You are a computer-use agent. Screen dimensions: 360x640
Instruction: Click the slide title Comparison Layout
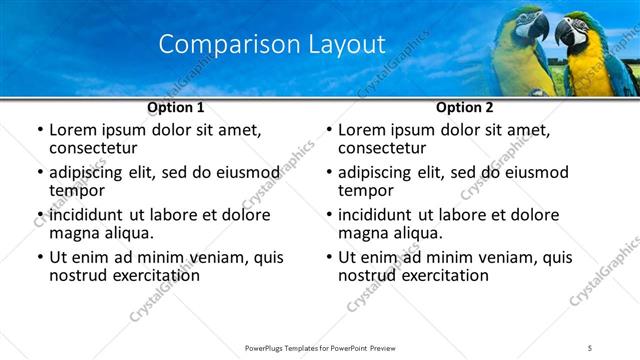(271, 44)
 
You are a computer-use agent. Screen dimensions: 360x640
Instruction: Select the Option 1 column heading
(175, 107)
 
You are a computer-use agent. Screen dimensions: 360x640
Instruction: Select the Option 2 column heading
(464, 107)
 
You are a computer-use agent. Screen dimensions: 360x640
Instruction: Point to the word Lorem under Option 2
(363, 130)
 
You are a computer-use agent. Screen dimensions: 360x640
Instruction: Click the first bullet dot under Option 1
(39, 131)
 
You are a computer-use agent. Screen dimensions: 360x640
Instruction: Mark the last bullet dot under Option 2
(328, 258)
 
